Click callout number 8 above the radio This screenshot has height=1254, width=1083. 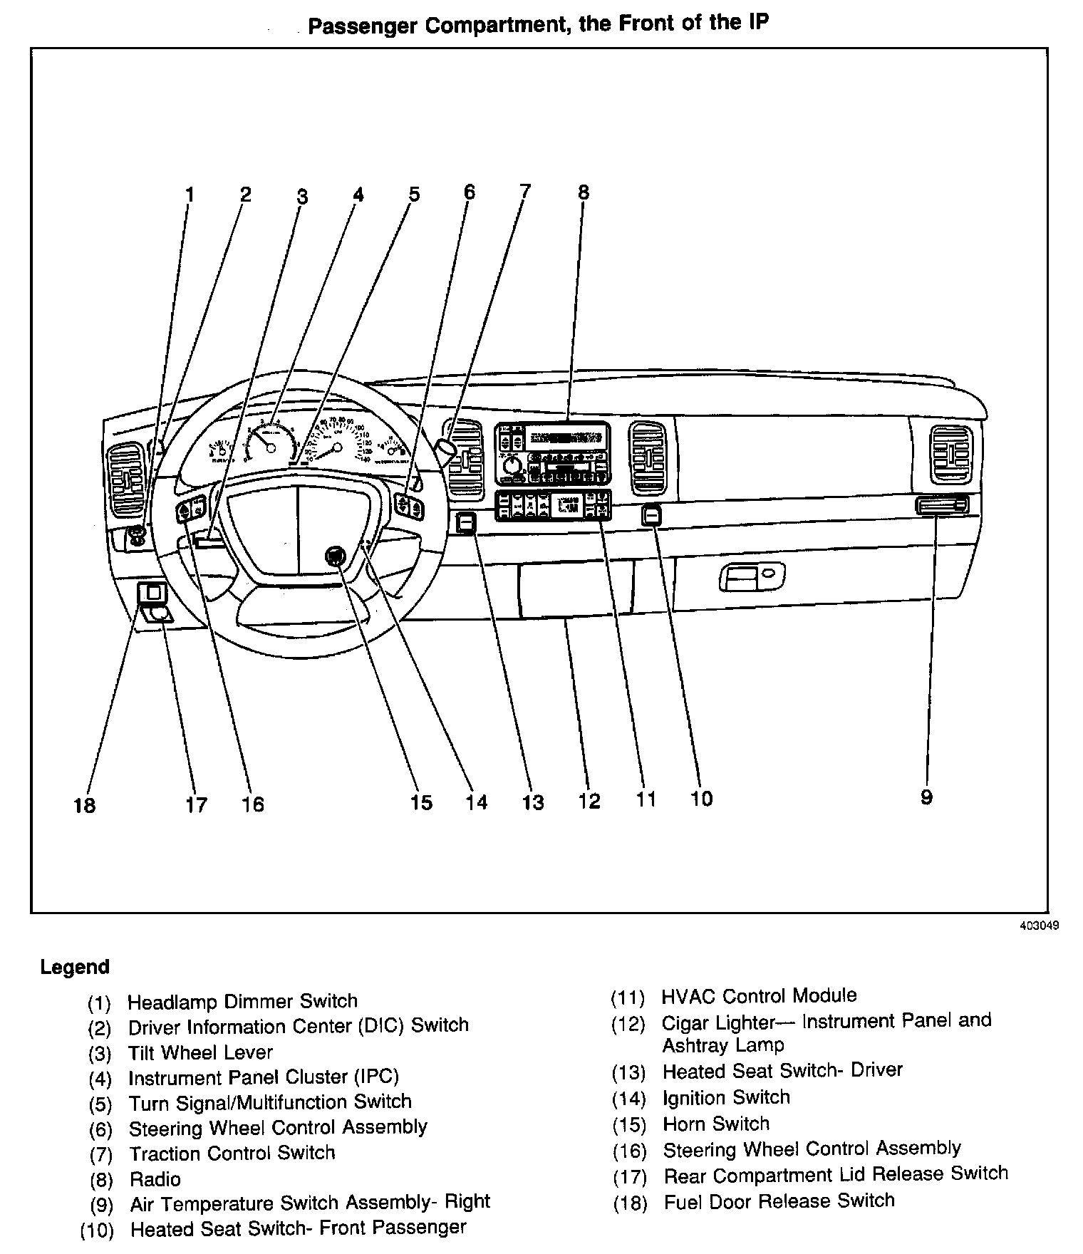pos(584,192)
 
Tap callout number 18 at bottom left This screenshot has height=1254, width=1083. pos(84,805)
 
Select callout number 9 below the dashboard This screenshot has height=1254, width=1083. pos(926,797)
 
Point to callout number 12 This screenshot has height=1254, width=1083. pos(589,801)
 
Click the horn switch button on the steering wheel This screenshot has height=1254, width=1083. pos(335,556)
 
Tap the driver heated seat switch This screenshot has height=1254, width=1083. pos(466,524)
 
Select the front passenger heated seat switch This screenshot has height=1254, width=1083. pos(651,514)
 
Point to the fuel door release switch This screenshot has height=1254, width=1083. pos(152,591)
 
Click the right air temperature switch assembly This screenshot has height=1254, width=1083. pos(942,506)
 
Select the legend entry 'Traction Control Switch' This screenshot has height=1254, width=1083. pos(232,1153)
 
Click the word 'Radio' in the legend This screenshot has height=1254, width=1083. pos(155,1178)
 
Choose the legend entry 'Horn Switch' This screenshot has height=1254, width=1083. pos(715,1124)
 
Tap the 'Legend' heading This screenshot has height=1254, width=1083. pos(75,967)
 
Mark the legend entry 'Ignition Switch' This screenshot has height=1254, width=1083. pos(726,1097)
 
